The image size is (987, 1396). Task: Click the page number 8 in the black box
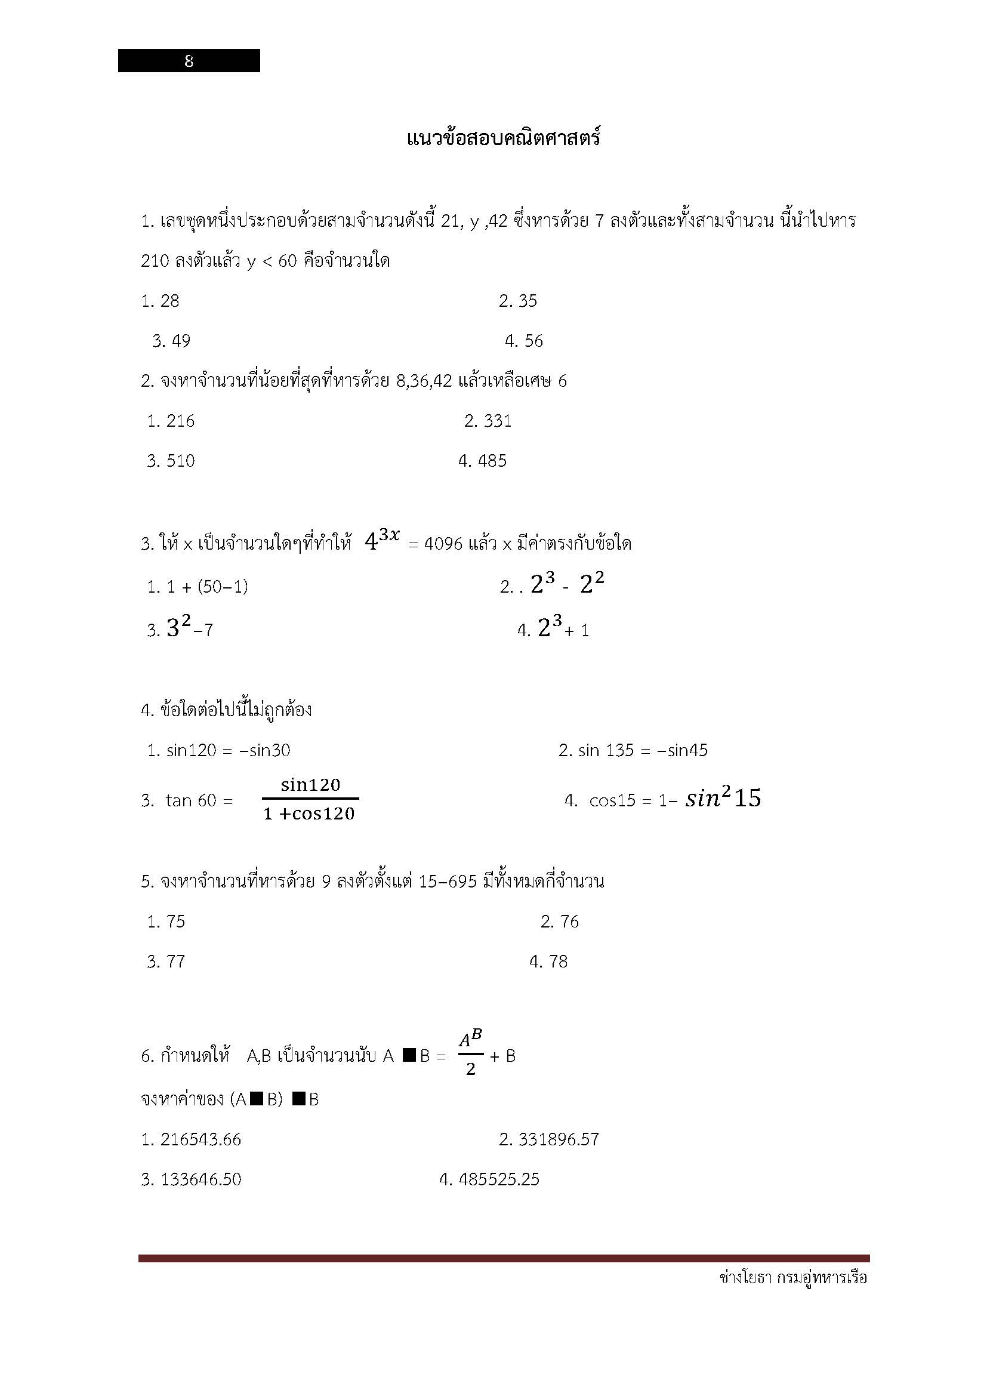click(x=189, y=61)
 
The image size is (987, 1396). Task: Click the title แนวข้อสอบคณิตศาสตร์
click(x=503, y=138)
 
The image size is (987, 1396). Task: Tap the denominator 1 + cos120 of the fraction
click(x=309, y=814)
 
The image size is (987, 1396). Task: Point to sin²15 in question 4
click(x=723, y=798)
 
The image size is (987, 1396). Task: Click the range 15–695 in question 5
click(x=448, y=882)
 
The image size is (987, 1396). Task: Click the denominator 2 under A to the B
click(x=471, y=1070)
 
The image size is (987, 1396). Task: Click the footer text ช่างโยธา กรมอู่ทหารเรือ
click(x=792, y=1277)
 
